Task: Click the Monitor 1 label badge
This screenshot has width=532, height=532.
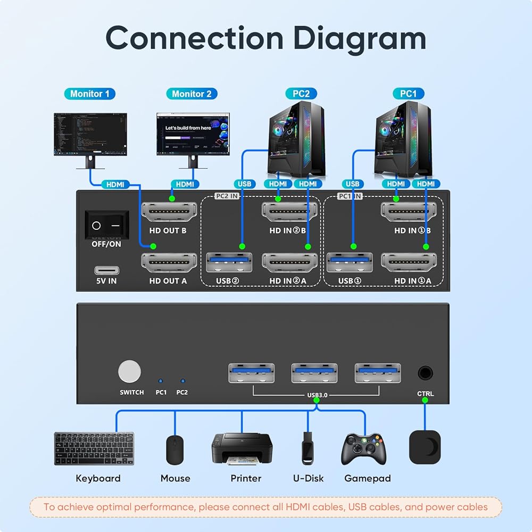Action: click(x=89, y=94)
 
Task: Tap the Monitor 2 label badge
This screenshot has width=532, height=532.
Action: click(x=192, y=94)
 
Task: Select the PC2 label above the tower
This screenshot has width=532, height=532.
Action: click(x=301, y=94)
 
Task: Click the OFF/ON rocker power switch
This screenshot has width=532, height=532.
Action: click(x=107, y=225)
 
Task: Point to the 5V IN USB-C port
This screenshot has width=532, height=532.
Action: click(x=107, y=270)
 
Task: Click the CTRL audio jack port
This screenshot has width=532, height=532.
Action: click(x=425, y=372)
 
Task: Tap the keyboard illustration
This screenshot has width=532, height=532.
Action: click(x=94, y=448)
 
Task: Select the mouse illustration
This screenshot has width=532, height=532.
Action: click(x=174, y=450)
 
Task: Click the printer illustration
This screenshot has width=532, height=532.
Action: click(x=242, y=448)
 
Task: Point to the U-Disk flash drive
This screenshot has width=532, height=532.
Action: click(x=308, y=448)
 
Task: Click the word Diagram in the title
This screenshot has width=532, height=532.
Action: click(x=360, y=38)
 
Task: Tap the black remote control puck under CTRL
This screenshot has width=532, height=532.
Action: click(x=425, y=446)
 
